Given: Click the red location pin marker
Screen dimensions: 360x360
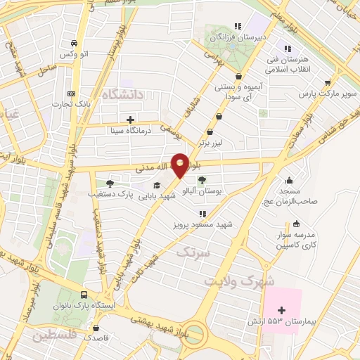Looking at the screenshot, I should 180,165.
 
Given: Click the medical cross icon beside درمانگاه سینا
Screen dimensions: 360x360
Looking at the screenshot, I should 131,120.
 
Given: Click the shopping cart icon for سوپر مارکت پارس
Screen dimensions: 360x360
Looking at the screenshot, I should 328,82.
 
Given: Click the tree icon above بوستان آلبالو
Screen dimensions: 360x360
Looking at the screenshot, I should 202,181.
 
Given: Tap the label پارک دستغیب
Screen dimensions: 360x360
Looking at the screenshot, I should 110,193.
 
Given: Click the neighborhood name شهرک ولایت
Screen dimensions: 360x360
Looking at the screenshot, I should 231,280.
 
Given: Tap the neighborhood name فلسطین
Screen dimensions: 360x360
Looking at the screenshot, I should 53,336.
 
